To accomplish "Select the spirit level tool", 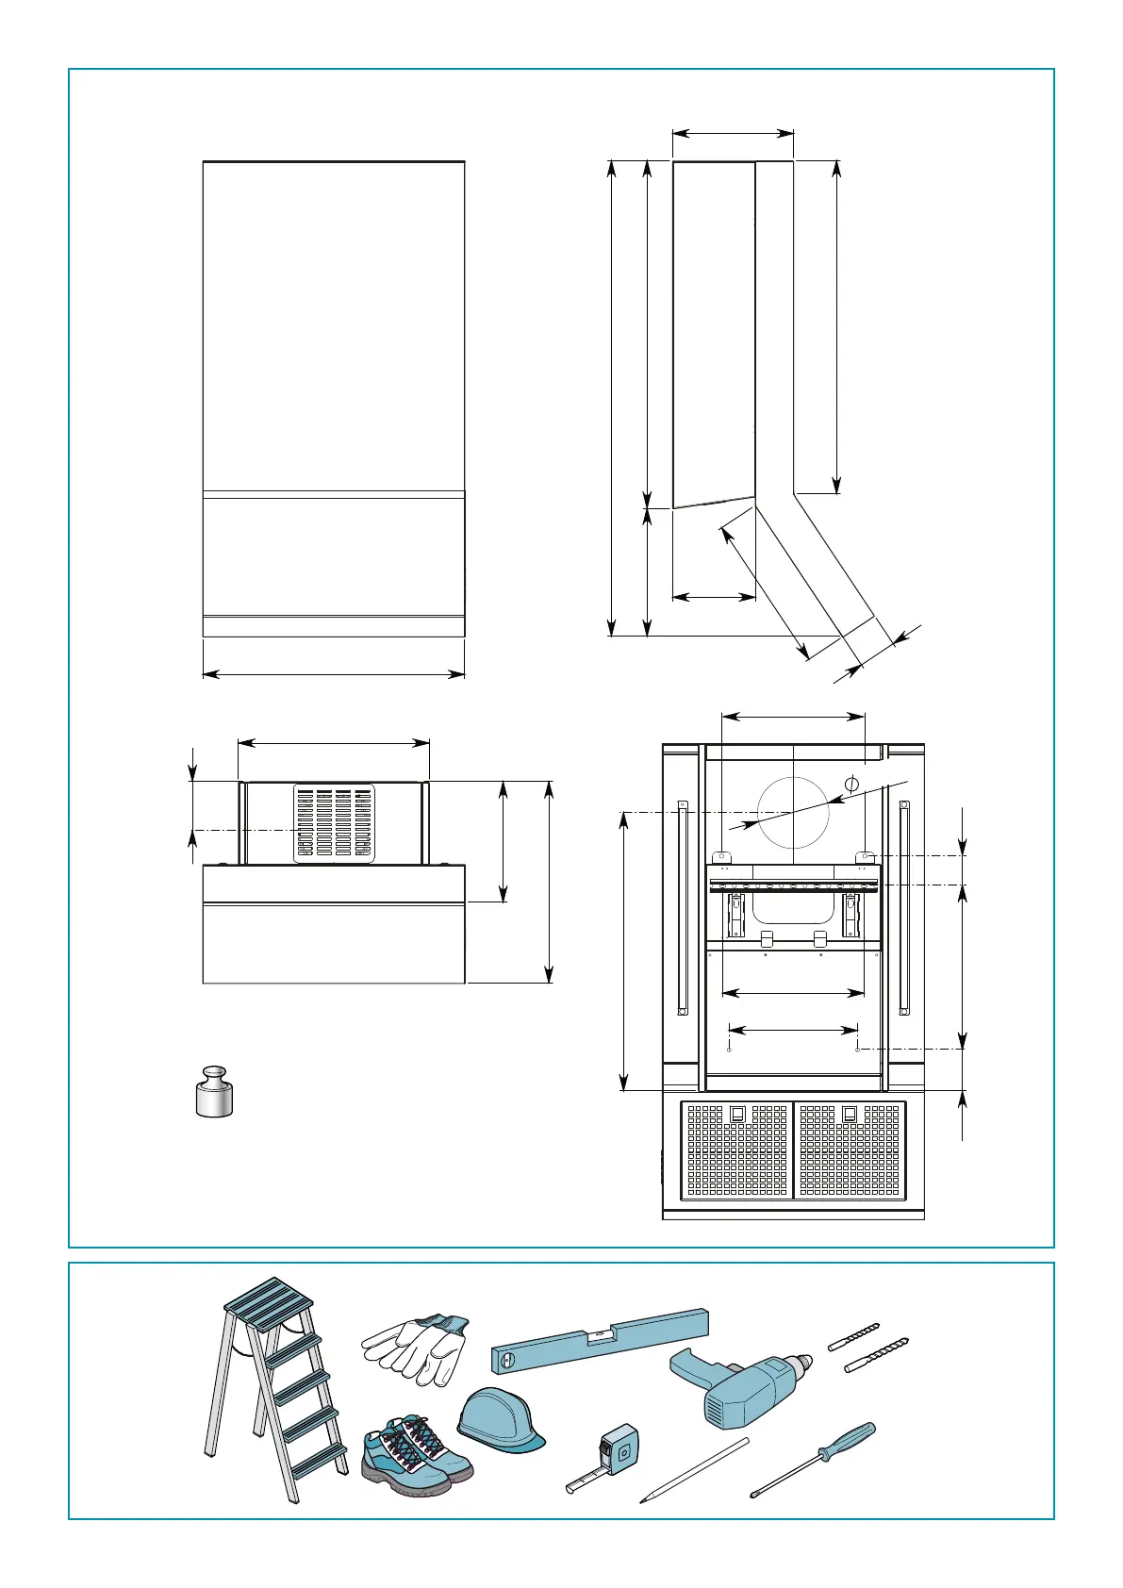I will pyautogui.click(x=600, y=1340).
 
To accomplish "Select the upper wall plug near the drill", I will pyautogui.click(x=853, y=1337).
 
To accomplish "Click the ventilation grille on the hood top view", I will pyautogui.click(x=334, y=822).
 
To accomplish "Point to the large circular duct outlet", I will pyautogui.click(x=793, y=812).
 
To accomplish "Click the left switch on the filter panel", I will pyautogui.click(x=738, y=1114).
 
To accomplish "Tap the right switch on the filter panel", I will pyautogui.click(x=850, y=1114).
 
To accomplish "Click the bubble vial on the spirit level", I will pyautogui.click(x=596, y=1335).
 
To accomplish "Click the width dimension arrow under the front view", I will pyautogui.click(x=334, y=674).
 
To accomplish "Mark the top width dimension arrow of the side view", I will pyautogui.click(x=733, y=133).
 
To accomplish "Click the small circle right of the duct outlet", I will pyautogui.click(x=851, y=784).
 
